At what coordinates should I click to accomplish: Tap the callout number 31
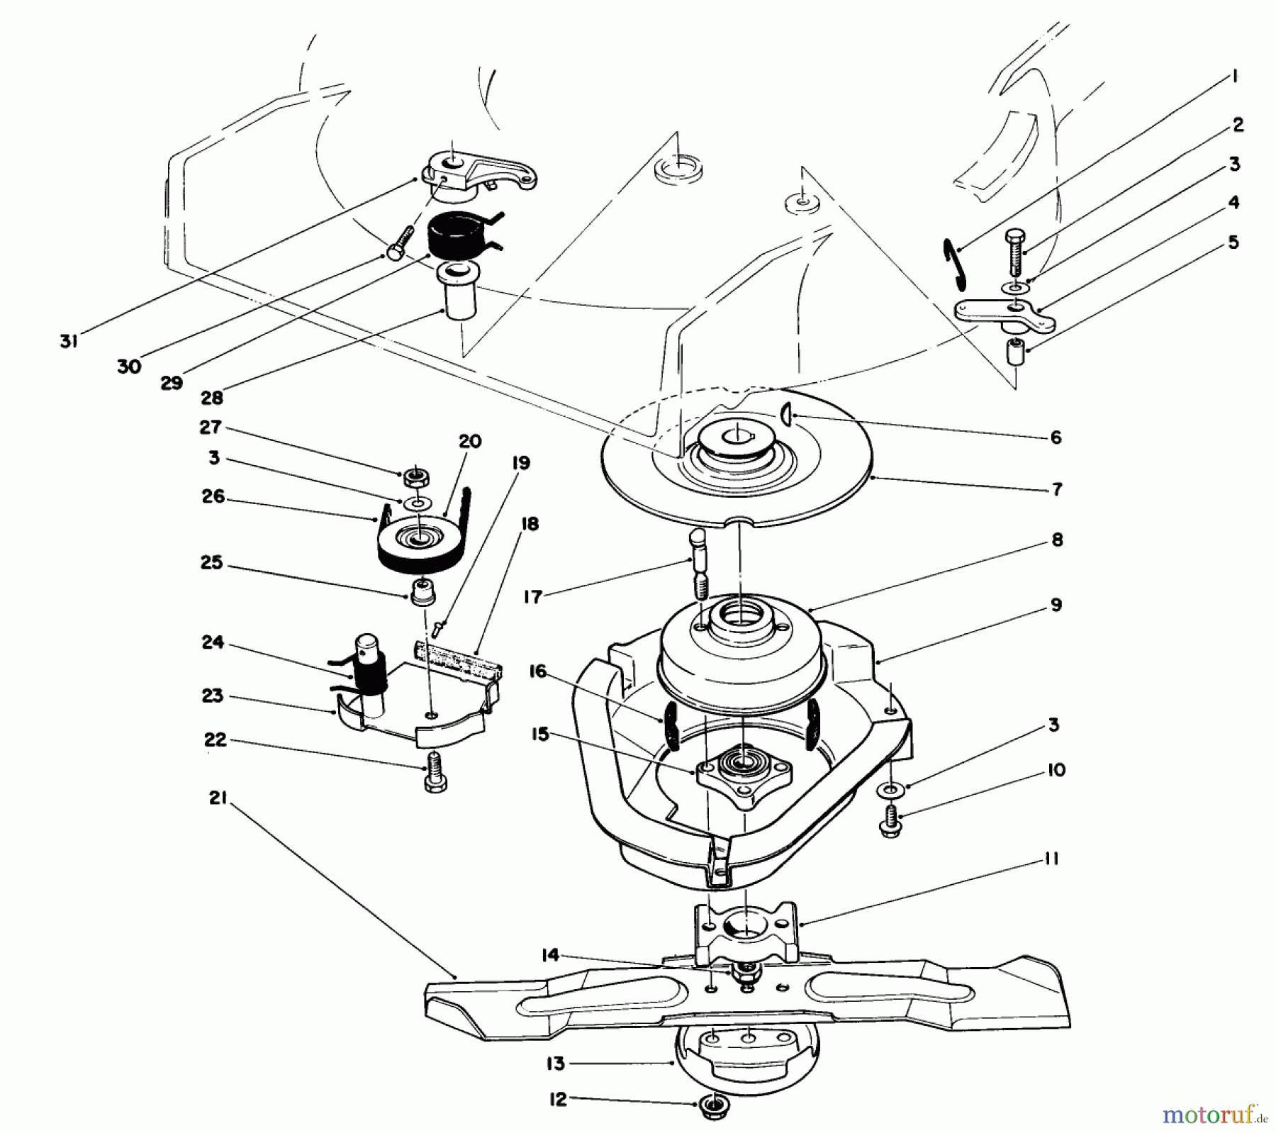[x=68, y=342]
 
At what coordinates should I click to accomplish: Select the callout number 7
[x=1056, y=489]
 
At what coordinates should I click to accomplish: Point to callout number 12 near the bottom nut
[x=558, y=1100]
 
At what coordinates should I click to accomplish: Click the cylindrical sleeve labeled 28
[x=459, y=296]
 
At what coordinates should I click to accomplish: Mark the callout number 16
[x=538, y=671]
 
